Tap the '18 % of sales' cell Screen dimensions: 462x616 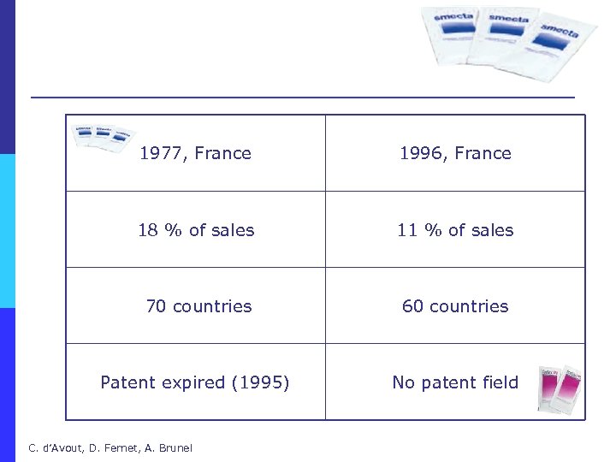(196, 230)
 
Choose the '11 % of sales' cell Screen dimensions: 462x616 (455, 230)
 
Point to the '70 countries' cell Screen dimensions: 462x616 (198, 306)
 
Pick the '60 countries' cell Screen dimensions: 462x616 (455, 306)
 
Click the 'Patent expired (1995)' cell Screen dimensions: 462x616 (195, 382)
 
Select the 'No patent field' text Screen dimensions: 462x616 (455, 382)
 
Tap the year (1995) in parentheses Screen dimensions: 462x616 (261, 382)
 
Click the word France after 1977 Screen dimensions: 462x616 (222, 154)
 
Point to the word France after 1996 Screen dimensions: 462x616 (483, 154)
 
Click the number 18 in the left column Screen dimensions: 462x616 (148, 230)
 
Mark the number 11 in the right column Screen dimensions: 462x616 (406, 230)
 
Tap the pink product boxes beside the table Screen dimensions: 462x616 (560, 389)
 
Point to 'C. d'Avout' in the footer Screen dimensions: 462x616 (52, 447)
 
